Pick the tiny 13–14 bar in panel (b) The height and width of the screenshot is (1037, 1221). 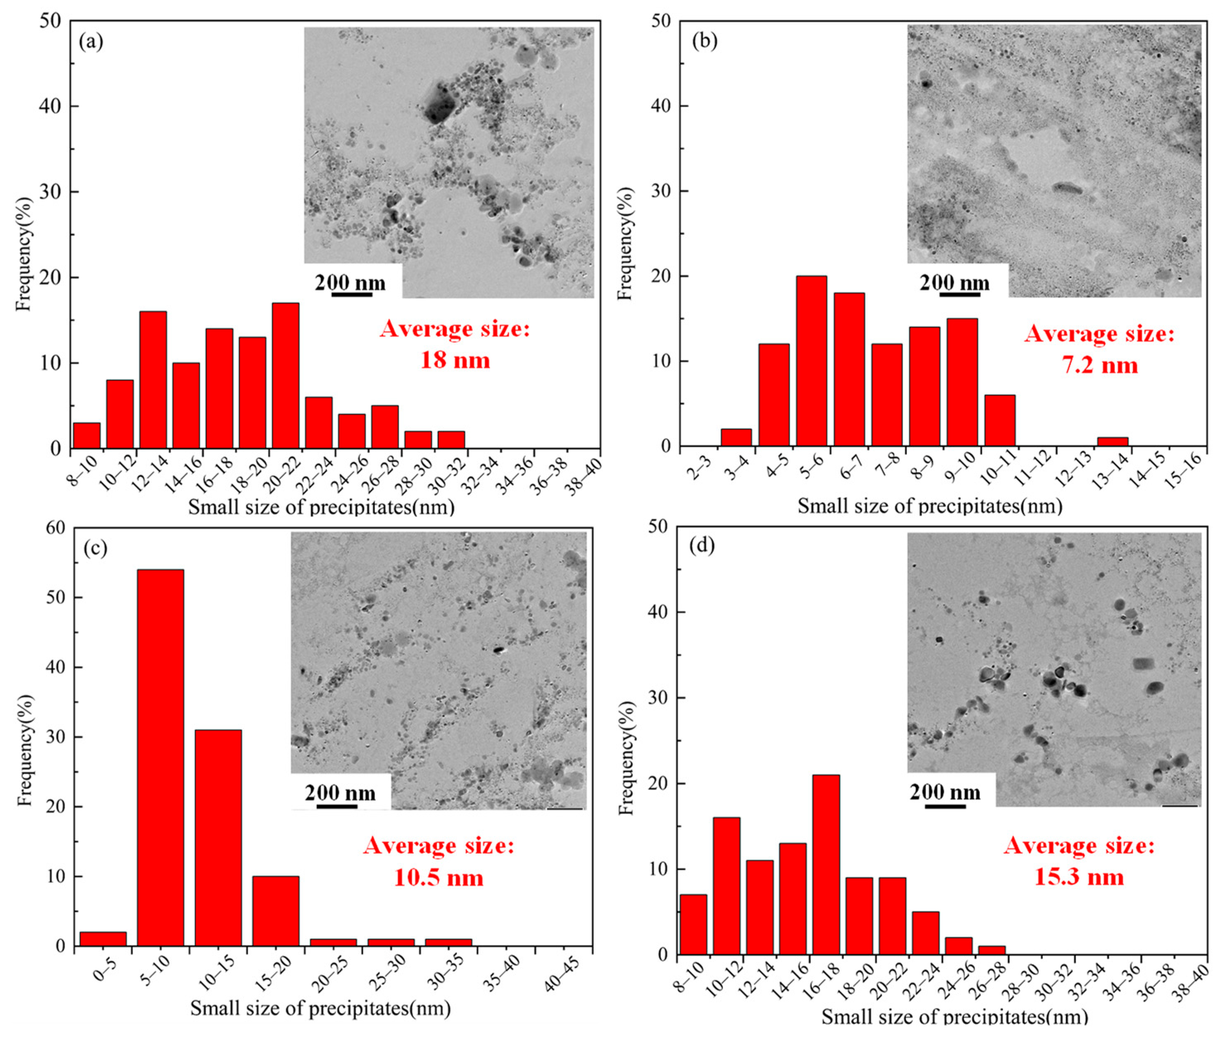tap(1112, 441)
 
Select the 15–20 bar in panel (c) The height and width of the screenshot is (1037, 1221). tap(276, 911)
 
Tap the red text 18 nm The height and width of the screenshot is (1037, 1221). tap(455, 360)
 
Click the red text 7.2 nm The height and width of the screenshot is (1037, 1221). tap(1099, 365)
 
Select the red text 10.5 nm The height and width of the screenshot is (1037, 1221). tap(438, 878)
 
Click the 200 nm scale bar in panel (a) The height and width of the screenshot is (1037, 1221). tap(351, 293)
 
